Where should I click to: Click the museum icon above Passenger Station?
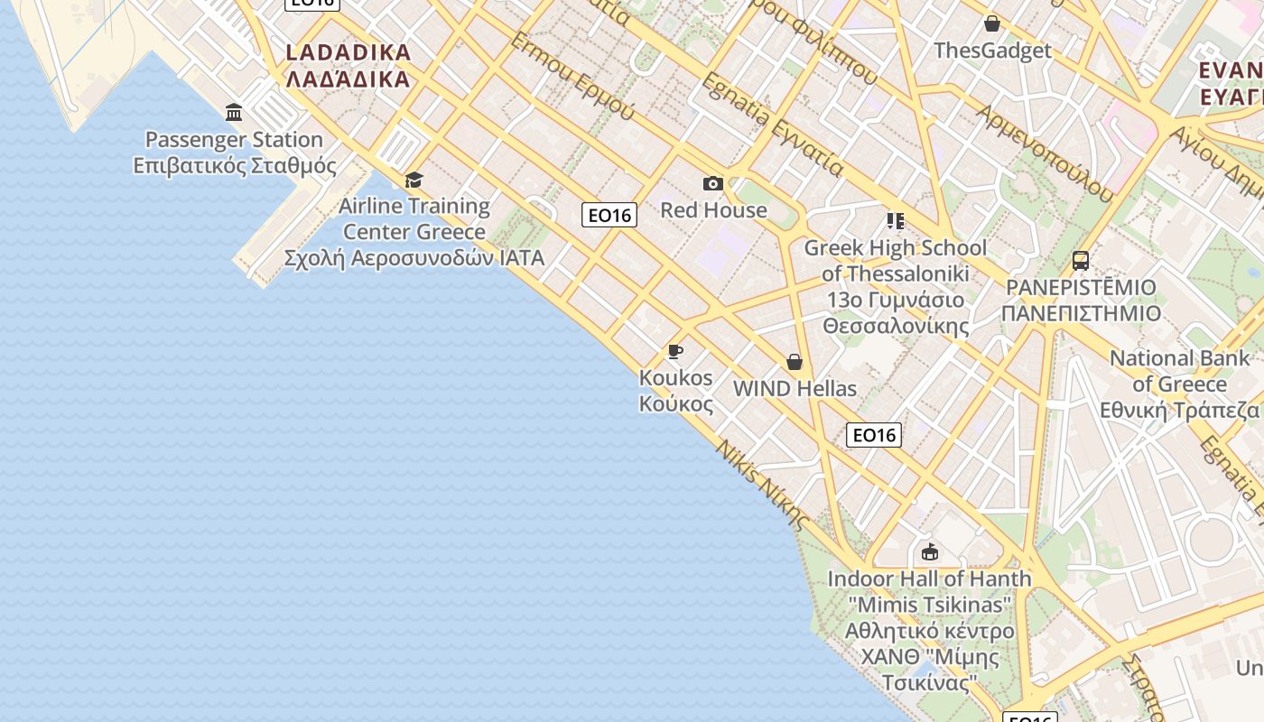coord(235,112)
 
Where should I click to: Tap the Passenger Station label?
coord(234,153)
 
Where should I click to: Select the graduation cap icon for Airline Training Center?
coord(414,180)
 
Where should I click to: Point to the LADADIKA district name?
coord(349,65)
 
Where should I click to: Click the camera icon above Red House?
coord(713,184)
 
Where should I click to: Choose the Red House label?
coord(713,210)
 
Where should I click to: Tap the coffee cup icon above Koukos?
coord(675,351)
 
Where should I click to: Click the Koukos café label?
coord(676,390)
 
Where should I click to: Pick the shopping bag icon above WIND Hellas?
coord(795,362)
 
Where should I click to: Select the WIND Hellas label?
coord(795,389)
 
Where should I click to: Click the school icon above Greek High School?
coord(896,220)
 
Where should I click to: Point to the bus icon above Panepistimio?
coord(1080,261)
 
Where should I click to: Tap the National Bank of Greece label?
coord(1179,384)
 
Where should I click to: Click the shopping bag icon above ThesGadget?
coord(992,23)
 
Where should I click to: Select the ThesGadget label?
coord(992,51)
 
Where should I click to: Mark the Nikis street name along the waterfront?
coord(761,483)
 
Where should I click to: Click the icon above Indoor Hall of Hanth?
coord(929,551)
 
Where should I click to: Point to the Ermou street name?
coord(572,76)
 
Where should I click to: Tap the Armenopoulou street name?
coord(1046,149)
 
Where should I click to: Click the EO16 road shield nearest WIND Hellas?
coord(874,435)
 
